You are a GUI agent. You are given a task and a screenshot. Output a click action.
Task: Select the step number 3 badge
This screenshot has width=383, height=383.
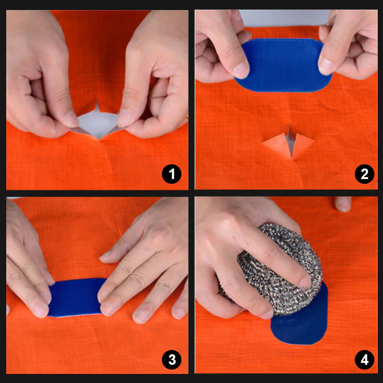tap(171, 359)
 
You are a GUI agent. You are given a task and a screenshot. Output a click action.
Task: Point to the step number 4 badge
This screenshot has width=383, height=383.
tap(364, 359)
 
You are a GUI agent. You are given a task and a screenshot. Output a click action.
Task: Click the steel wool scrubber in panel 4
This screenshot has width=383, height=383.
tap(273, 268)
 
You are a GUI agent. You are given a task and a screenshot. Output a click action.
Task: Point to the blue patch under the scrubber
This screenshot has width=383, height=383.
tap(302, 326)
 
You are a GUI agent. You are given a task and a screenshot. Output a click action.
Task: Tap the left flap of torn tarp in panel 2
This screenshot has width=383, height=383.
tap(277, 144)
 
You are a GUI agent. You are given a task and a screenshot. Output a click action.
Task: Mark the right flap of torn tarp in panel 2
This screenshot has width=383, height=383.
tap(302, 144)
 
